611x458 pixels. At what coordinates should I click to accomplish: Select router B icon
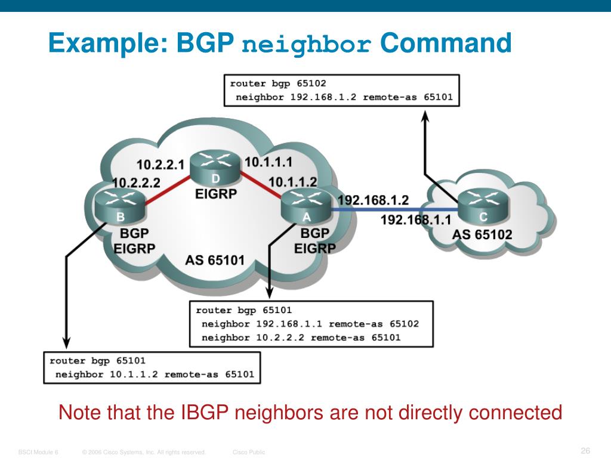point(120,207)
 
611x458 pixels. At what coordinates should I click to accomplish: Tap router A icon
point(306,206)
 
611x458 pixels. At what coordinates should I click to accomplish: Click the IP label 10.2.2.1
point(161,164)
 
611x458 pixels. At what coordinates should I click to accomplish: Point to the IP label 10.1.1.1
point(269,161)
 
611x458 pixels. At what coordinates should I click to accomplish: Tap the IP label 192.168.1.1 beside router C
point(416,220)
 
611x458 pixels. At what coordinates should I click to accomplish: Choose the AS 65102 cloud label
point(482,234)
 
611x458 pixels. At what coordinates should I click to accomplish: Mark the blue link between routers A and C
point(394,209)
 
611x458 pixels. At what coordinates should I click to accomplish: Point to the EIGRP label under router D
point(216,194)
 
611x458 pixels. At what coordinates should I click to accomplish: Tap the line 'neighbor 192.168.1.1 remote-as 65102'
point(310,324)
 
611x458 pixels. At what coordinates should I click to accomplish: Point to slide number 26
point(585,450)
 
